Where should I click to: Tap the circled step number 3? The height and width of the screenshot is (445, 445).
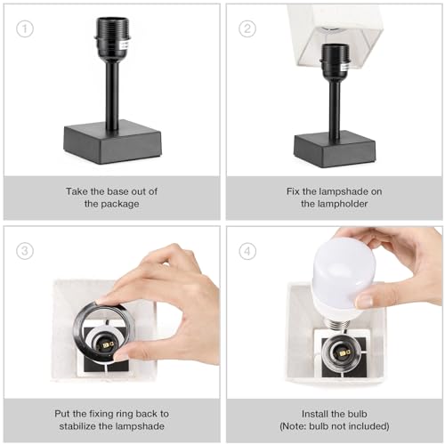[25, 251]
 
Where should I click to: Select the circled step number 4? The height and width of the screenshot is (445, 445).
[247, 251]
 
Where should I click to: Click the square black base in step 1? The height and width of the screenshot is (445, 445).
[113, 142]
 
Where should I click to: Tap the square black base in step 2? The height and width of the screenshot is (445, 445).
[334, 145]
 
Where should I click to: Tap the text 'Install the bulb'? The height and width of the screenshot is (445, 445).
[335, 412]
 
